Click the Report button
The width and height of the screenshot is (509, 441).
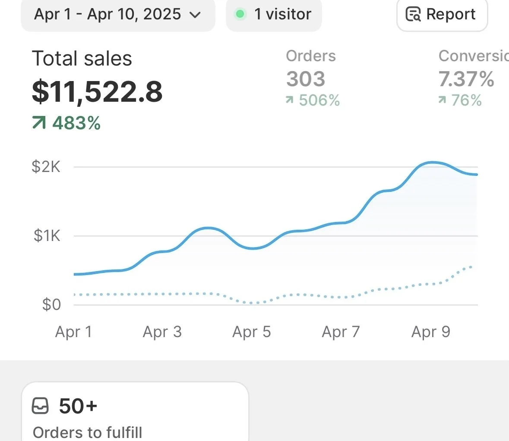click(442, 14)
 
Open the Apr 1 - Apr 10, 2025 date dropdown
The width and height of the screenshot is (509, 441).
click(117, 14)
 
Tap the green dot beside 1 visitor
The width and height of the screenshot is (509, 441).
click(240, 14)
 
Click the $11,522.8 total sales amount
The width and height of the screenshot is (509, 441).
click(97, 91)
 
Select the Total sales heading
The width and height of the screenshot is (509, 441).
click(82, 59)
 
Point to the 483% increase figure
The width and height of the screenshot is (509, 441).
click(76, 123)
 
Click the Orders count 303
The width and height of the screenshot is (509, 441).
click(306, 79)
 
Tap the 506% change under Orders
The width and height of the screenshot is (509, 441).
click(319, 100)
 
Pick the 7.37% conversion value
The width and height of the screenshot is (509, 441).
click(466, 79)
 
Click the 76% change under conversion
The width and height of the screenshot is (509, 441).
click(466, 100)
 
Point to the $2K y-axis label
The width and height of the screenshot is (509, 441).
click(46, 166)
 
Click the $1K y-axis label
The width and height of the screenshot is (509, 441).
click(47, 235)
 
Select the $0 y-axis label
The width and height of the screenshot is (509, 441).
click(51, 304)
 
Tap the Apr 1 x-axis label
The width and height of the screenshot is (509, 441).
click(73, 332)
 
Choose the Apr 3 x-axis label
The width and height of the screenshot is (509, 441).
click(162, 332)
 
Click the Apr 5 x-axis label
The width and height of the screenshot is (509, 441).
click(252, 332)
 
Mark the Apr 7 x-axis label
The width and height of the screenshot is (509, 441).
click(341, 332)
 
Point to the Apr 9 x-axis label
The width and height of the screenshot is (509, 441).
click(431, 332)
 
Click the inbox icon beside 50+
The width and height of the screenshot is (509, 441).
click(41, 406)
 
